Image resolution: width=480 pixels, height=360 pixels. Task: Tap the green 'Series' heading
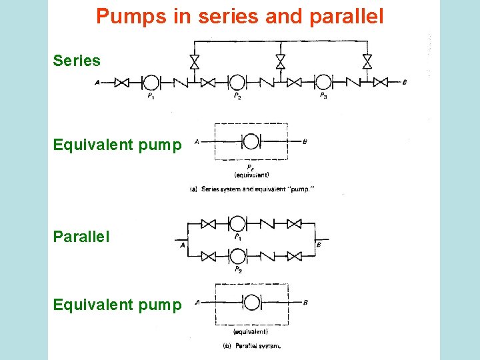(77, 61)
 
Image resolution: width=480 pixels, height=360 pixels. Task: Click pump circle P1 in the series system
(151, 82)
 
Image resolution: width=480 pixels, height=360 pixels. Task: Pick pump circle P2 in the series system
(237, 82)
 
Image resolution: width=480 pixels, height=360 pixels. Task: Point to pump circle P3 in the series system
(323, 82)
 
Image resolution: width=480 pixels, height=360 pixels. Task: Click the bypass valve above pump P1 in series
(194, 62)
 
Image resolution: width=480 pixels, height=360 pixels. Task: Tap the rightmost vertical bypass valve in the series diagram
(367, 62)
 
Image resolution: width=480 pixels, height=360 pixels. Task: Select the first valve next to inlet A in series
(122, 82)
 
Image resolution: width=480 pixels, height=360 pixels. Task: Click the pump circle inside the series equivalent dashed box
(251, 141)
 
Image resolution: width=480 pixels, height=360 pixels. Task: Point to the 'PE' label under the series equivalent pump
(250, 167)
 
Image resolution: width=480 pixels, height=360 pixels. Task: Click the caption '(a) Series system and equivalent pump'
(252, 189)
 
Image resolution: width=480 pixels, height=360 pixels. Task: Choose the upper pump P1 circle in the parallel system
(237, 223)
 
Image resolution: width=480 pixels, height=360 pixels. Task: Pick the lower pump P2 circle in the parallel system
(237, 255)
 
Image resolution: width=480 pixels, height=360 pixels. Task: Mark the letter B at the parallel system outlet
(318, 245)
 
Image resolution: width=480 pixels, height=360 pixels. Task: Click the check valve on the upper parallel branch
(265, 223)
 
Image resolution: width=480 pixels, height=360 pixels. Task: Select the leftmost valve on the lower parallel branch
(209, 255)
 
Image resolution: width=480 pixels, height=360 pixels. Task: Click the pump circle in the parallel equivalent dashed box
(251, 302)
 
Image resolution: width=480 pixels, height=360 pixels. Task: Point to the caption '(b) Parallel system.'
(251, 345)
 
